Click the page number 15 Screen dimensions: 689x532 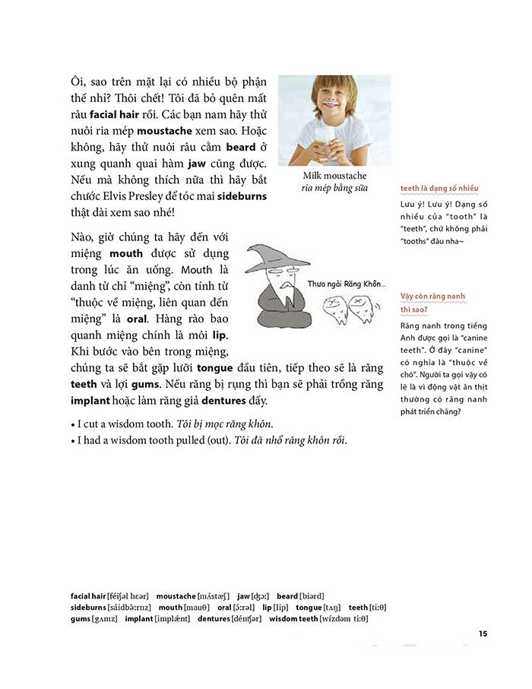pyautogui.click(x=483, y=635)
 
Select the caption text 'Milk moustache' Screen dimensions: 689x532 pyautogui.click(x=334, y=176)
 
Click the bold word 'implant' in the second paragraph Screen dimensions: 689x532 pyautogui.click(x=90, y=402)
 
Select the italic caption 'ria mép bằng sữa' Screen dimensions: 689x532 pyautogui.click(x=334, y=188)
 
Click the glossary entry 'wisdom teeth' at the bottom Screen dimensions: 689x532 pyautogui.click(x=292, y=619)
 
